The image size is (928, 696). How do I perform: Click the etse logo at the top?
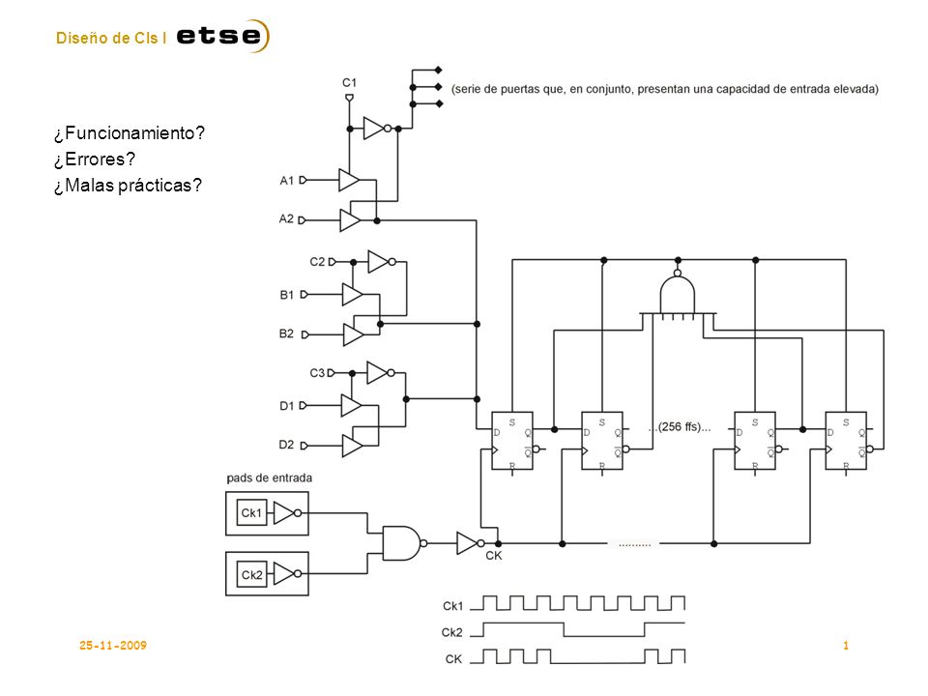pos(222,36)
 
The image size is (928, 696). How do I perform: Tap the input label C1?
pos(349,83)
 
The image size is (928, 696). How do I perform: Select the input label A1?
pos(286,181)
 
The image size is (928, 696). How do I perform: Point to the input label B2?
pos(286,333)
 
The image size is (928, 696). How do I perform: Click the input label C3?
pos(317,373)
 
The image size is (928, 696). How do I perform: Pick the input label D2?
pos(286,445)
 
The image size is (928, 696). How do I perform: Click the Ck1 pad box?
pos(267,513)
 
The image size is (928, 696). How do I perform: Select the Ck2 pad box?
pos(267,573)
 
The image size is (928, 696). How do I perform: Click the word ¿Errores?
pos(95,159)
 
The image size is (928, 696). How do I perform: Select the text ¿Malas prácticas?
pos(128,186)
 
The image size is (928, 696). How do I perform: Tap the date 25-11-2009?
pos(113,645)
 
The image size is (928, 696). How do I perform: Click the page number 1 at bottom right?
pos(846,645)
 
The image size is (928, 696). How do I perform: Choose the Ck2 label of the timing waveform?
pos(452,632)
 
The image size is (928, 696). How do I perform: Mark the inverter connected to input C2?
pos(381,262)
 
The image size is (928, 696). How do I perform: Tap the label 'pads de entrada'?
pos(270,478)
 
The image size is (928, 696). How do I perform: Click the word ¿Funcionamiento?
pos(129,133)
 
